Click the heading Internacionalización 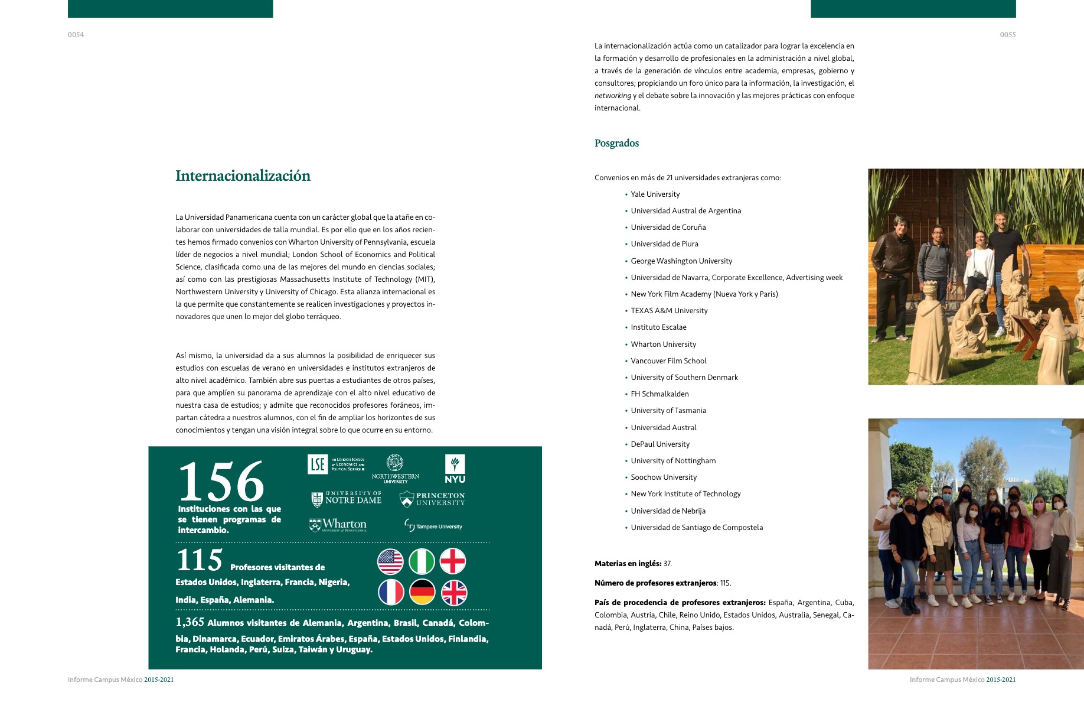click(243, 175)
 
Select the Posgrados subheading click(616, 143)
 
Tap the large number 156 click(221, 482)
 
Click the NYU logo click(455, 469)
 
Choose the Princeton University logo click(432, 499)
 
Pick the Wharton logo click(338, 525)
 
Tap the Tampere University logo click(433, 525)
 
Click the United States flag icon click(390, 561)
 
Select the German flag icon click(422, 592)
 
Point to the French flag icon click(391, 592)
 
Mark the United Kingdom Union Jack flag click(453, 592)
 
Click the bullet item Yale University click(655, 194)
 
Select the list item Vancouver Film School click(668, 361)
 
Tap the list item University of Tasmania click(668, 411)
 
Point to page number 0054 click(76, 35)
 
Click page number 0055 click(1007, 35)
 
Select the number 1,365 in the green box click(190, 622)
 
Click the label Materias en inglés click(628, 564)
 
